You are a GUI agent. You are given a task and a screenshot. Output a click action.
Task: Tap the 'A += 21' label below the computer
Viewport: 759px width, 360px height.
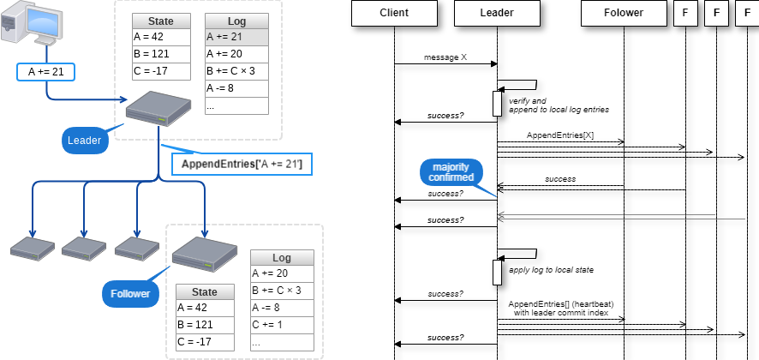46,72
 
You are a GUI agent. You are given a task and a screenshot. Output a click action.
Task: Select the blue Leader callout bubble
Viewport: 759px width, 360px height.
85,141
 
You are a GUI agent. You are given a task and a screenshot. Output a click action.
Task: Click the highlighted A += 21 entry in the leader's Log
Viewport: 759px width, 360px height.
236,38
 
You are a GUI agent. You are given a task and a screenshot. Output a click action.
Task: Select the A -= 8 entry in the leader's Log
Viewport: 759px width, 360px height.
236,88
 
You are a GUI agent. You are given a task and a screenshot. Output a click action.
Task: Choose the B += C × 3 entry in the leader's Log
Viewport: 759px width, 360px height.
236,71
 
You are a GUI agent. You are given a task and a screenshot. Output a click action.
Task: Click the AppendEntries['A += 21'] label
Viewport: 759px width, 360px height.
242,164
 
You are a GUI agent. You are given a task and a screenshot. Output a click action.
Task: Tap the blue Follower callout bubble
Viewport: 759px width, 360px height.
130,294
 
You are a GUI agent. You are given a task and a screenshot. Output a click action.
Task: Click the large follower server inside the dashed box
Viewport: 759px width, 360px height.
204,252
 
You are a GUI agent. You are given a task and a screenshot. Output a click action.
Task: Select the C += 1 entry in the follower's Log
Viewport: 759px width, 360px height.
282,325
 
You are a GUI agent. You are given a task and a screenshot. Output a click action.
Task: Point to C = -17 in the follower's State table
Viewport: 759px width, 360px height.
204,342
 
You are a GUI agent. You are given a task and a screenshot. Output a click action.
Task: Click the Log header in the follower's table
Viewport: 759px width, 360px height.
282,258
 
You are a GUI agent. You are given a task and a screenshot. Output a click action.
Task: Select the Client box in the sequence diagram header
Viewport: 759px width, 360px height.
394,13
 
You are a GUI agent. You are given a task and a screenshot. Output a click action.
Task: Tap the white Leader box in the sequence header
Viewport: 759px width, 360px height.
497,13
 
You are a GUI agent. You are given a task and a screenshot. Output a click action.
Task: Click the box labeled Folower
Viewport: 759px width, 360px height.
624,13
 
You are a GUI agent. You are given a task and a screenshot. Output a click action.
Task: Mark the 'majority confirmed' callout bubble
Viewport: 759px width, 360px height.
451,171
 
